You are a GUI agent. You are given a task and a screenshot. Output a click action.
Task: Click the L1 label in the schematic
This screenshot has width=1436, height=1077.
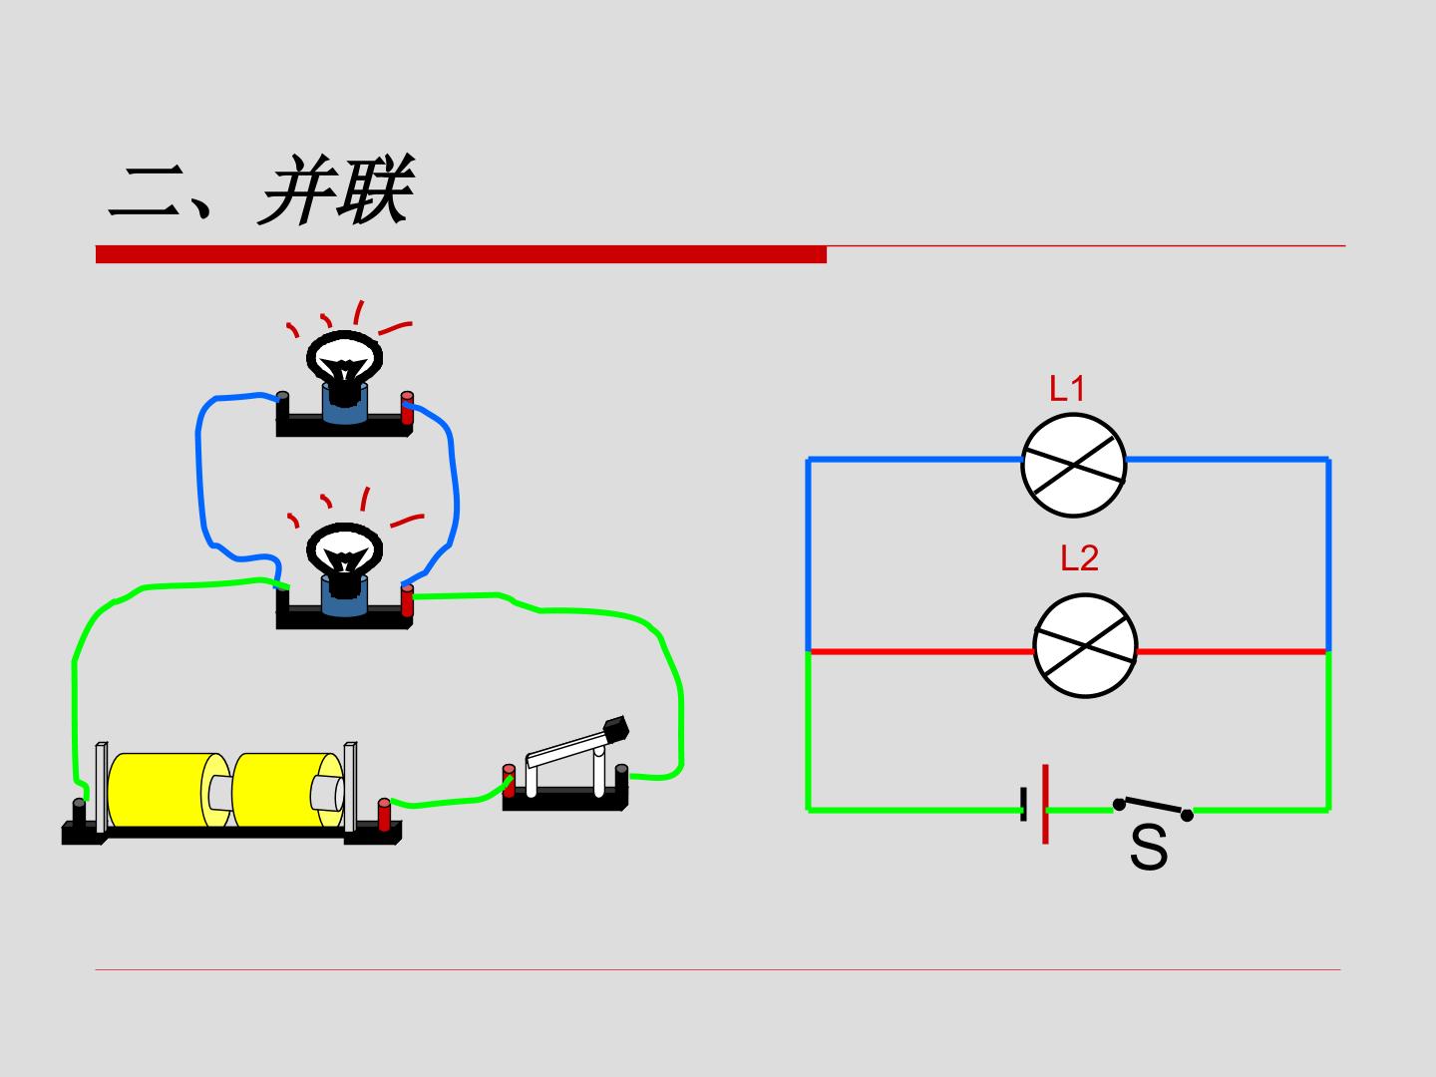point(1066,389)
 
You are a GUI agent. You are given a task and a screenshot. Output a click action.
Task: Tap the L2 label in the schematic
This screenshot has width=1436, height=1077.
point(1079,558)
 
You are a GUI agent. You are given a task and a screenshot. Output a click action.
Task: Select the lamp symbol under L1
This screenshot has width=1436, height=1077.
point(1074,465)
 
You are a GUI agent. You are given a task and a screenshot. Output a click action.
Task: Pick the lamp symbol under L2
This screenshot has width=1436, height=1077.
point(1085,645)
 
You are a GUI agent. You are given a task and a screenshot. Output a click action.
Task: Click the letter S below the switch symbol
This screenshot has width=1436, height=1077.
point(1149,848)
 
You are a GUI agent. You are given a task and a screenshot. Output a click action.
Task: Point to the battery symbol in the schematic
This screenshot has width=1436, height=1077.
point(1035,805)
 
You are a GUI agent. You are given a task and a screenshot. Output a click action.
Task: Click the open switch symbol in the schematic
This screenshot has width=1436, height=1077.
point(1153,808)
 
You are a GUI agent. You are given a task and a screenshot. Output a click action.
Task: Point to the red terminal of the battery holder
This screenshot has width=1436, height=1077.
point(384,814)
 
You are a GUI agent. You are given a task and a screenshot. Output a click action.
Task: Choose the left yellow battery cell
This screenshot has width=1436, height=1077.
point(169,790)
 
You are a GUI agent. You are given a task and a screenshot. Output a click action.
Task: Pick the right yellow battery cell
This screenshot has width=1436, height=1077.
point(288,790)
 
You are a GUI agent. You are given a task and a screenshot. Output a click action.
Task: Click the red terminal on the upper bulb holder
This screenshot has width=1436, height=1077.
point(407,408)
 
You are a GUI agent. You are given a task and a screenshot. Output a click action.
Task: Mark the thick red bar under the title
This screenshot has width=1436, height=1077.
point(461,254)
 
